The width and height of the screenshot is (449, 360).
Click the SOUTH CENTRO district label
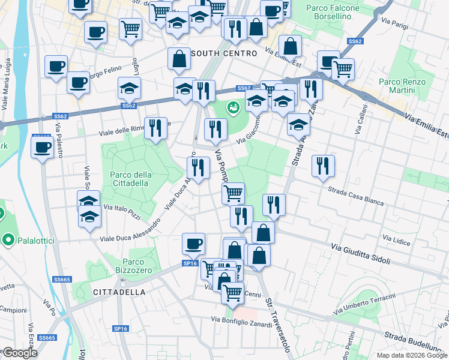[x=224, y=53]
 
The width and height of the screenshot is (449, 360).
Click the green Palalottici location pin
[x=8, y=241]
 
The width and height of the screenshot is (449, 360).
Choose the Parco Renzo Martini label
[x=402, y=86]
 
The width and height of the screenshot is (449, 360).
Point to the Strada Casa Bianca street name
[x=356, y=196]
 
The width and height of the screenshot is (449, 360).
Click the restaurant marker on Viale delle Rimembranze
[x=155, y=127]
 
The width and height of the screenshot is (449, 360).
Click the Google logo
[x=20, y=353]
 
